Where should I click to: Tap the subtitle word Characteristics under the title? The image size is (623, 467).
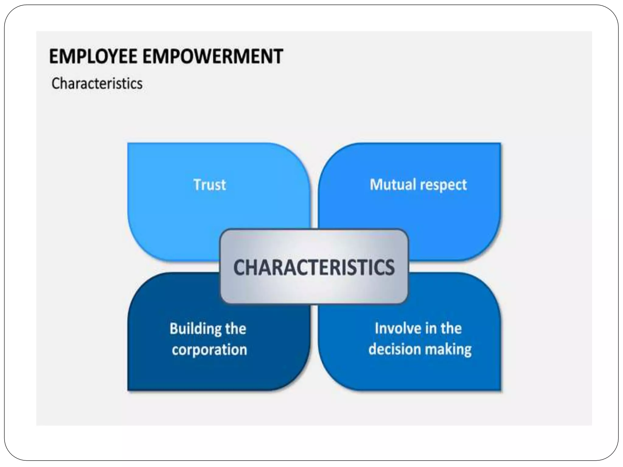click(x=97, y=84)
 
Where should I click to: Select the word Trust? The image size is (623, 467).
click(x=210, y=185)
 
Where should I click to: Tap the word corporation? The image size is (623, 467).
click(x=209, y=350)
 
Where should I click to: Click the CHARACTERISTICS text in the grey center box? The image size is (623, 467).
click(x=314, y=267)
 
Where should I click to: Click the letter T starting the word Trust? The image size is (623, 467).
click(x=197, y=185)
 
